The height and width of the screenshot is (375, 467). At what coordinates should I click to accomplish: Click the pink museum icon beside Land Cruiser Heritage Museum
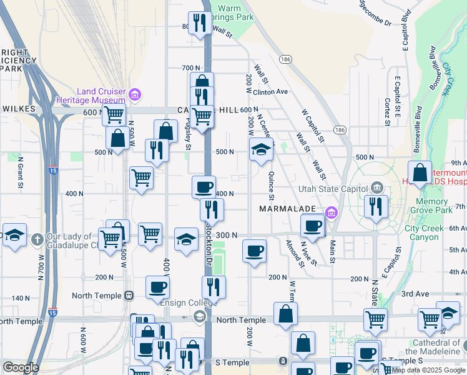pyautogui.click(x=135, y=95)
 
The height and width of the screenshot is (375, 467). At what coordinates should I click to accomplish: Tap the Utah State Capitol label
pyautogui.click(x=333, y=187)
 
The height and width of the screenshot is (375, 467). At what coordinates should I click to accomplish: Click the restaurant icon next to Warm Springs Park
pyautogui.click(x=199, y=23)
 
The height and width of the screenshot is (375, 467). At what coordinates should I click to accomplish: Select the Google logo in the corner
pyautogui.click(x=21, y=367)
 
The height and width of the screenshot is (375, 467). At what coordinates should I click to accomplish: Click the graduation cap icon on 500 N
pyautogui.click(x=261, y=149)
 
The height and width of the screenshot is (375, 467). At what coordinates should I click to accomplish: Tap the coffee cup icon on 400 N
pyautogui.click(x=203, y=187)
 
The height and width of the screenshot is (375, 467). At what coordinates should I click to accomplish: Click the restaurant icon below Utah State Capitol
pyautogui.click(x=375, y=207)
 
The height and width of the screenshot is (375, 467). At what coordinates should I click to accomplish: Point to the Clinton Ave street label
pyautogui.click(x=270, y=91)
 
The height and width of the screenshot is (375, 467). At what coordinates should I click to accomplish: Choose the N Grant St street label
pyautogui.click(x=20, y=175)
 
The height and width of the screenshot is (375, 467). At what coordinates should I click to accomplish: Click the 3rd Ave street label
pyautogui.click(x=415, y=293)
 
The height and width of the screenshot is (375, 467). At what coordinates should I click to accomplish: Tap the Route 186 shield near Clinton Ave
pyautogui.click(x=286, y=58)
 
